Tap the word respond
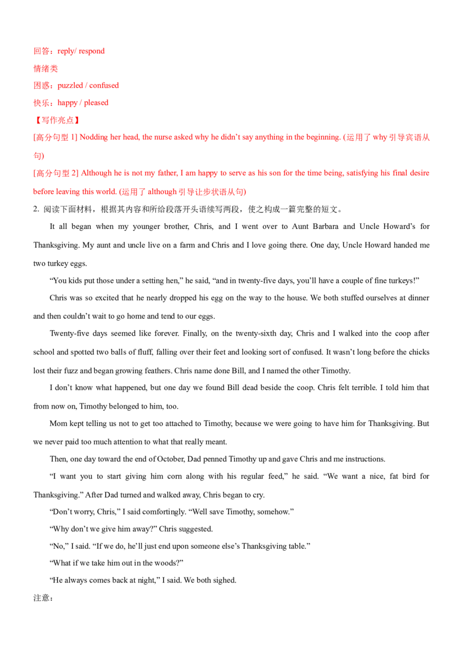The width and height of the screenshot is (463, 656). [x=90, y=52]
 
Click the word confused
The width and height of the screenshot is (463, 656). [x=104, y=86]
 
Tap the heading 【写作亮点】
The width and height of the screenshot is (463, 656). [x=56, y=121]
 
